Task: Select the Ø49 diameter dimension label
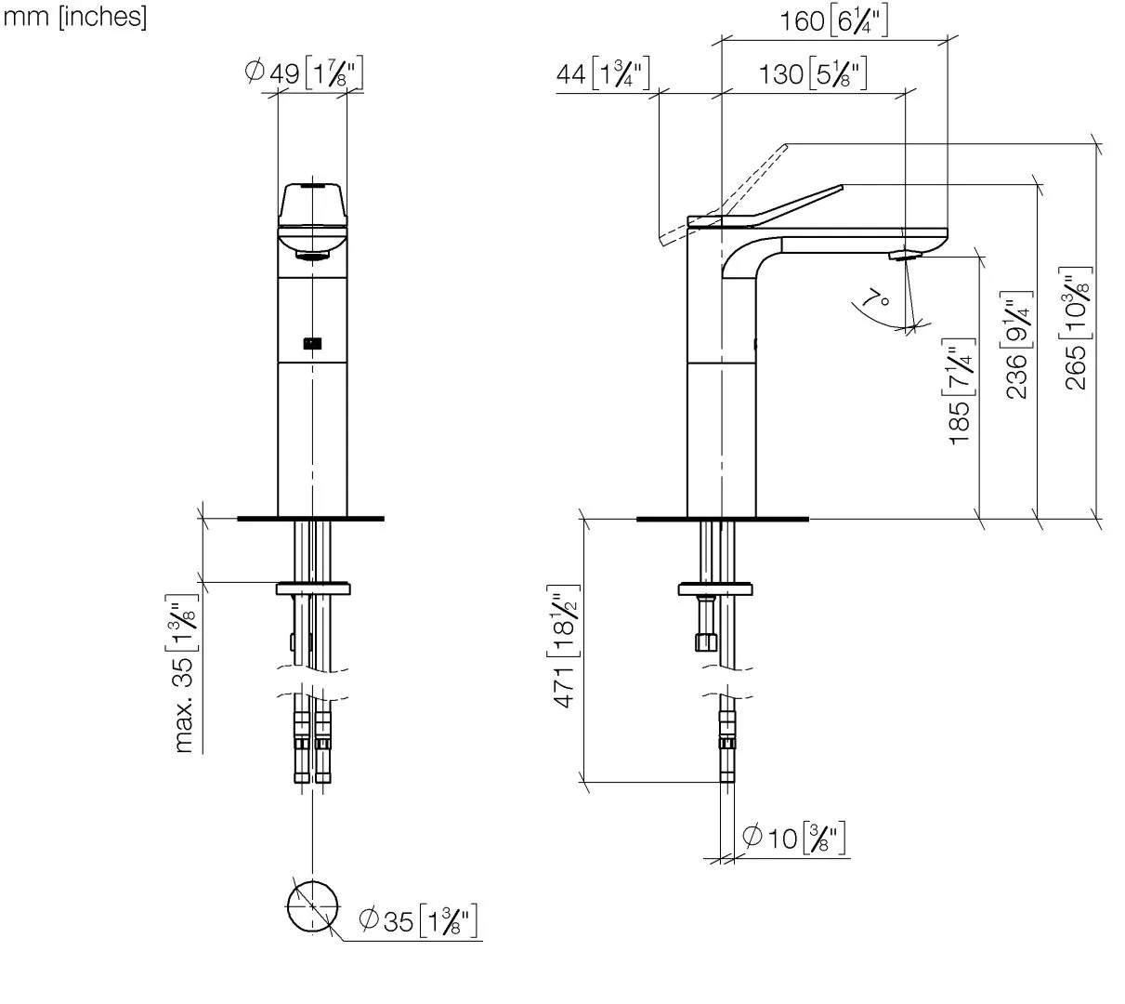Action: click(304, 73)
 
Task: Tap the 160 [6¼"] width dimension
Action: click(833, 20)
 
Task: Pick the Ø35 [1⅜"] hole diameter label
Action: click(418, 921)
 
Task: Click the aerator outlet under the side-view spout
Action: click(903, 255)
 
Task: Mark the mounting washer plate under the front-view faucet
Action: click(313, 588)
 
